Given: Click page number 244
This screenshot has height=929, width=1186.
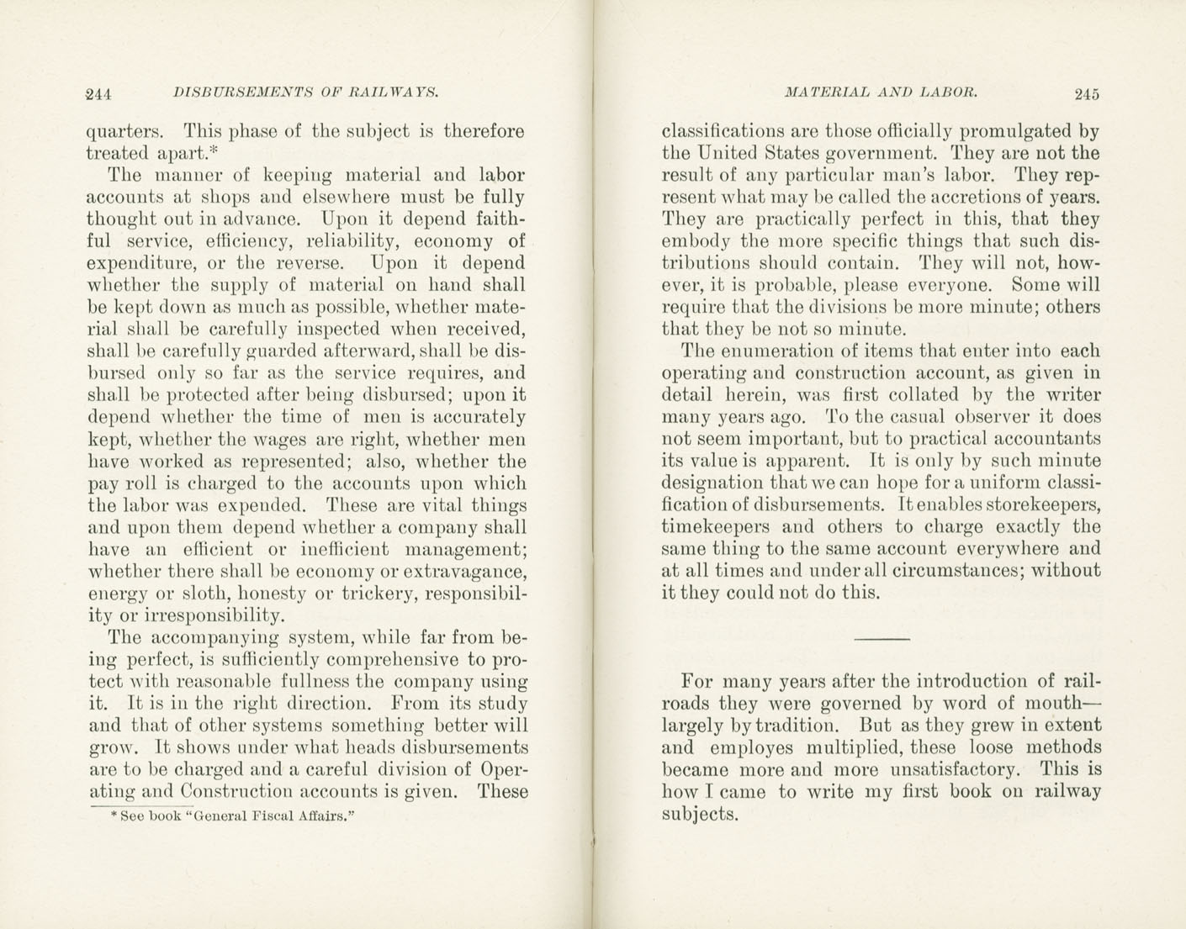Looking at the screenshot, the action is pyautogui.click(x=99, y=94).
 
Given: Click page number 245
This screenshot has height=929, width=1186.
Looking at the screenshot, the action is pyautogui.click(x=1086, y=94).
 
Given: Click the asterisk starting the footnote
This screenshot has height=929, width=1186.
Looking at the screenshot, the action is pyautogui.click(x=113, y=816).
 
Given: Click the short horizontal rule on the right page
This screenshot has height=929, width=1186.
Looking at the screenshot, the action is pyautogui.click(x=882, y=640).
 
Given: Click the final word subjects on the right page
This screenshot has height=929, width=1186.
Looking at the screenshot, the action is pyautogui.click(x=700, y=814).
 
